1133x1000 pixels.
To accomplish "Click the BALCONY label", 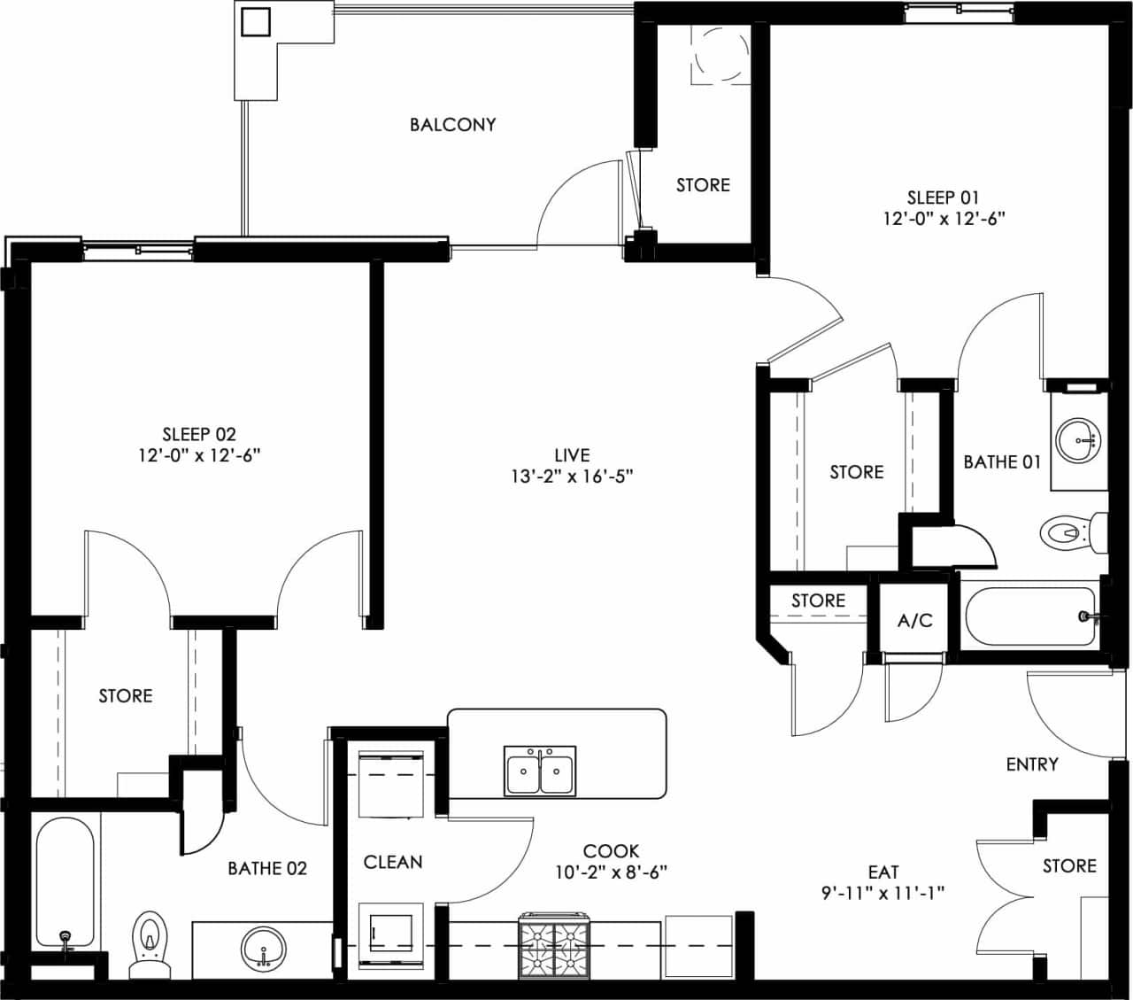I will (x=452, y=125).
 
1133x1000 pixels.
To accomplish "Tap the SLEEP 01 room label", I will (x=943, y=198).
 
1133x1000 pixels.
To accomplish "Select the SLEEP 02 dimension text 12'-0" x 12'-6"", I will (x=199, y=455).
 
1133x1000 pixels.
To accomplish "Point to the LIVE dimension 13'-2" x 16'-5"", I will (x=572, y=477).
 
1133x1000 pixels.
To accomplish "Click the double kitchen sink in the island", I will (x=539, y=770).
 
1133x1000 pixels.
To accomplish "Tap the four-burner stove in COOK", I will (x=554, y=945).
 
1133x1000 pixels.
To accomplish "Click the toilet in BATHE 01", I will (x=1072, y=532).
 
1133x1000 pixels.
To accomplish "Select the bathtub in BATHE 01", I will (x=1029, y=616).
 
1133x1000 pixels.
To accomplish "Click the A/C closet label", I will (x=914, y=620).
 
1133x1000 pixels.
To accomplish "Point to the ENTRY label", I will (x=1032, y=764).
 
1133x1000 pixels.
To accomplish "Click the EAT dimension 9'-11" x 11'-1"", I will (x=883, y=893).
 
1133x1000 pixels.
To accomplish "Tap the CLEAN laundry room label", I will (x=393, y=862).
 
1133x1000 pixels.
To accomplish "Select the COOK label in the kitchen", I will (x=611, y=851).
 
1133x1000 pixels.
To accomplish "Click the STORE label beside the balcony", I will (x=703, y=185).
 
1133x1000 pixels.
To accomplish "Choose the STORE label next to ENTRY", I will (x=1069, y=865).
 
